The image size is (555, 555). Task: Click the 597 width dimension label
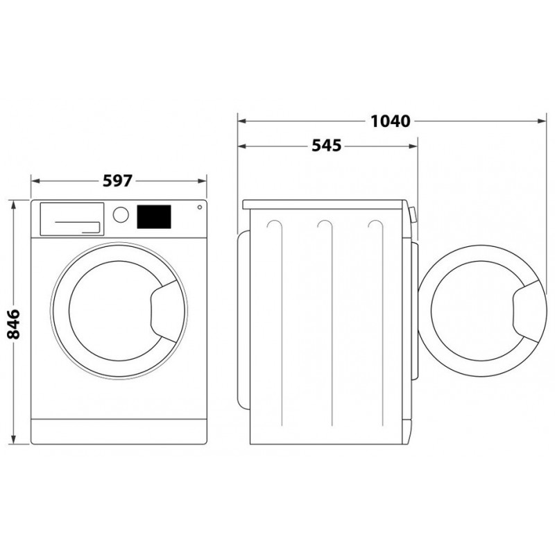117,181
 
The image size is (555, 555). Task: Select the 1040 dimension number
391,121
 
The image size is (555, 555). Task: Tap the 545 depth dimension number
326,146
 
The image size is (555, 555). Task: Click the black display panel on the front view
154,216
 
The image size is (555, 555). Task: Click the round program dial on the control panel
121,214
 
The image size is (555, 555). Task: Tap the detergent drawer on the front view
72,219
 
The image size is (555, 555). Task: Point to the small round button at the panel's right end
200,207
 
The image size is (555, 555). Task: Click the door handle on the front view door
164,311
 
